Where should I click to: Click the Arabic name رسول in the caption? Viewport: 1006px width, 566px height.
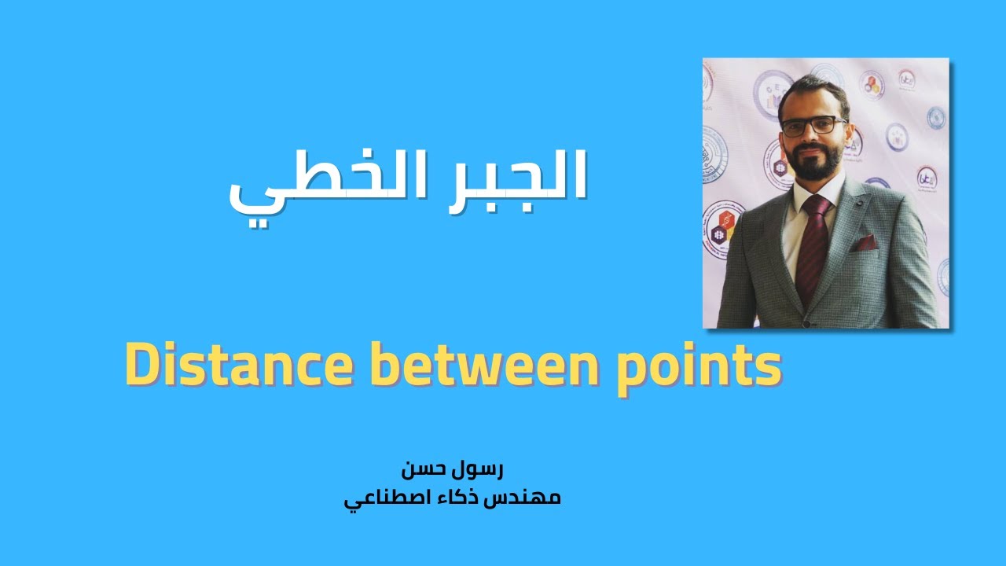click(x=479, y=469)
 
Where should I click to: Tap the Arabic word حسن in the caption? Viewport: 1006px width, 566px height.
click(x=424, y=469)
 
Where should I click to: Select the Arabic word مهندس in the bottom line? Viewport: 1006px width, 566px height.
click(x=525, y=498)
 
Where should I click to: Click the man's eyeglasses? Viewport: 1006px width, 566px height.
click(x=813, y=126)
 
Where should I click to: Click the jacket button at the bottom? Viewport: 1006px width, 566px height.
click(x=805, y=322)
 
